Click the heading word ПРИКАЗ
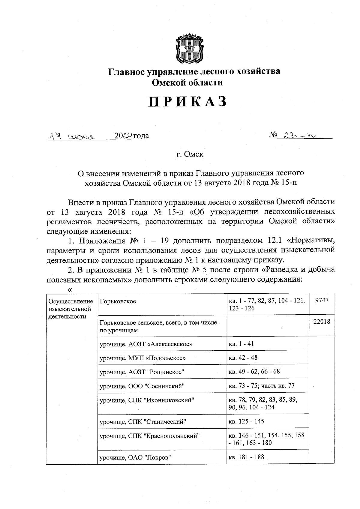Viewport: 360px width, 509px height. click(187, 102)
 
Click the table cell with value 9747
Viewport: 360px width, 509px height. click(322, 301)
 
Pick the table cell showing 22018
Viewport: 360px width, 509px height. click(322, 322)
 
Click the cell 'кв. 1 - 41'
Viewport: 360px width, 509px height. click(241, 344)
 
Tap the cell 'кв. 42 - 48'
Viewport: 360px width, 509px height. click(243, 358)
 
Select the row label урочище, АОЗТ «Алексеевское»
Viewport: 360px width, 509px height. click(146, 344)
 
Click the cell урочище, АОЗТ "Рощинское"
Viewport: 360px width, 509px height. click(142, 372)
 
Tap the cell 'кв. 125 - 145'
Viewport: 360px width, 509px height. click(246, 421)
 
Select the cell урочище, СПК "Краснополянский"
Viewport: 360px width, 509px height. click(150, 436)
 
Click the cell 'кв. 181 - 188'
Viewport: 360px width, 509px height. click(246, 457)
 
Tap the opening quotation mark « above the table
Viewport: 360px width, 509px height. click(70, 290)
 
